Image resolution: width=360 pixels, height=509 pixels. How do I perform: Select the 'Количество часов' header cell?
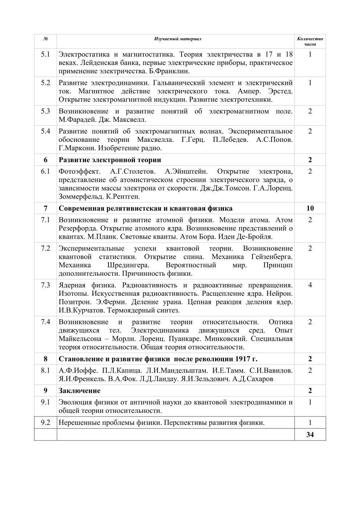tap(310, 41)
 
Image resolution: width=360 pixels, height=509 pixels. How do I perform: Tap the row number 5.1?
tap(45, 54)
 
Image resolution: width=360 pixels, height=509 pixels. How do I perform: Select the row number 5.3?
tap(45, 111)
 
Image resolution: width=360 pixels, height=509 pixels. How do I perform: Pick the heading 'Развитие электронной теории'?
tap(110, 160)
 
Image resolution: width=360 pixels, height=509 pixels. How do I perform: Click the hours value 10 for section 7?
tap(310, 208)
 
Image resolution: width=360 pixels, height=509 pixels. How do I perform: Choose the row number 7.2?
tap(45, 249)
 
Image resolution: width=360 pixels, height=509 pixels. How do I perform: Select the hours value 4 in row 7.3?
tap(310, 285)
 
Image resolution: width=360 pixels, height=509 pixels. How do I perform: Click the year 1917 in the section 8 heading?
tap(242, 359)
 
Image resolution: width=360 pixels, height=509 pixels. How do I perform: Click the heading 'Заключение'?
tap(79, 391)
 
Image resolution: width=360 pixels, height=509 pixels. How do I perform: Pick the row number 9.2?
tap(45, 423)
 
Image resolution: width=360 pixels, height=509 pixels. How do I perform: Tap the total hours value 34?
tap(310, 435)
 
